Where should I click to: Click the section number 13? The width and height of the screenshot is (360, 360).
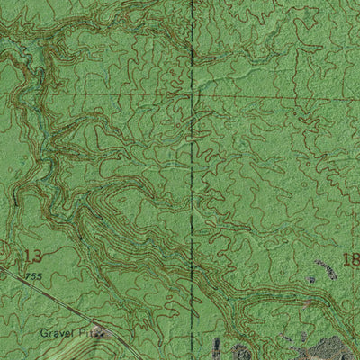(33, 256)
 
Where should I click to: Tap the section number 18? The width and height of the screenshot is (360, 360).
(351, 260)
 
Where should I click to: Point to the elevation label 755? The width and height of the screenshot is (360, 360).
(34, 275)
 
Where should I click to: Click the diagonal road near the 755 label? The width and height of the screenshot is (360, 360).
(54, 297)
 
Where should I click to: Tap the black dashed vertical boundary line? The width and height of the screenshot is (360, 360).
(192, 180)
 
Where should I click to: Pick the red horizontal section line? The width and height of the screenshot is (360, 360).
(270, 96)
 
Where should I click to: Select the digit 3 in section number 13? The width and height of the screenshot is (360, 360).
(38, 256)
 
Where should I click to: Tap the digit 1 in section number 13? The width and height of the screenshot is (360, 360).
(28, 256)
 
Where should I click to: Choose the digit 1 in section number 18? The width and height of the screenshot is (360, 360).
(346, 260)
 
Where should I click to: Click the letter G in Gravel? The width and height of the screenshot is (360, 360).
(42, 332)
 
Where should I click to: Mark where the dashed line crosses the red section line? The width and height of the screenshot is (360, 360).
(192, 96)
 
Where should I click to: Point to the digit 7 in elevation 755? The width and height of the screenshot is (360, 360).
(29, 275)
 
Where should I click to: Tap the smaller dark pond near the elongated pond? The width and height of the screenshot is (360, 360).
(311, 280)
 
